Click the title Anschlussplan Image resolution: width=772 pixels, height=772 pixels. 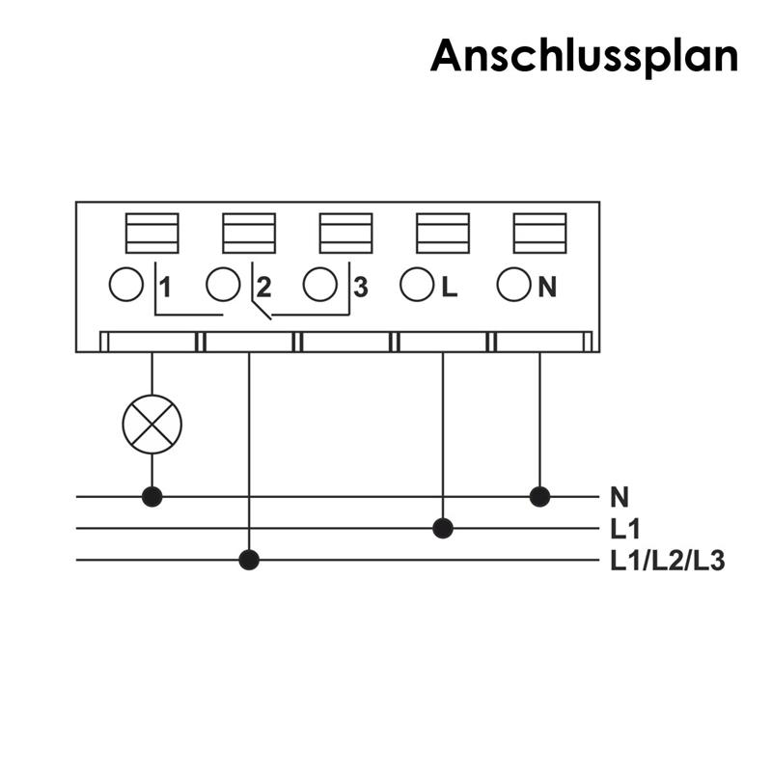[x=584, y=56]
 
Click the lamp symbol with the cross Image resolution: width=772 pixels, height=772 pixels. [x=152, y=423]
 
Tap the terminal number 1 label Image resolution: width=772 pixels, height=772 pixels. [x=165, y=287]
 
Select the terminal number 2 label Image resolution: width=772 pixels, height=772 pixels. [x=263, y=287]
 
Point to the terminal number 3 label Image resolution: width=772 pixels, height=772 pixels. [x=360, y=287]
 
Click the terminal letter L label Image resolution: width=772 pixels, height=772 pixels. [x=449, y=287]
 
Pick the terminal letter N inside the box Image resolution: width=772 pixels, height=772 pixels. [x=547, y=287]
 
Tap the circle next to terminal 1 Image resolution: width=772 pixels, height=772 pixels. [x=126, y=285]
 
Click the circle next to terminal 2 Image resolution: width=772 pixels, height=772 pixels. [x=223, y=285]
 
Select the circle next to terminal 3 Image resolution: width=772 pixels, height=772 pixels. [x=319, y=285]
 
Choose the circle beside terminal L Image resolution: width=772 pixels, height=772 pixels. [x=416, y=285]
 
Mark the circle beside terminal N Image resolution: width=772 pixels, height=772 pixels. [x=513, y=285]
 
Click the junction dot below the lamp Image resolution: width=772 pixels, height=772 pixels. [x=152, y=497]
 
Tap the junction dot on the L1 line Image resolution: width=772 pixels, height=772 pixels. [x=443, y=528]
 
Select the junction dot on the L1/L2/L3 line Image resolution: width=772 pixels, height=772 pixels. [x=249, y=560]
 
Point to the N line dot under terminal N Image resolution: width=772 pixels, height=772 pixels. [x=539, y=497]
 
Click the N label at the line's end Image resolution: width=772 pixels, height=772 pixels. [x=620, y=498]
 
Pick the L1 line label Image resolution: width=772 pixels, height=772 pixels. [x=626, y=529]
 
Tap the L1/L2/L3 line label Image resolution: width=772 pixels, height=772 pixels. [x=667, y=561]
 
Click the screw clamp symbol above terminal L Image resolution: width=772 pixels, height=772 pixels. [x=443, y=233]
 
